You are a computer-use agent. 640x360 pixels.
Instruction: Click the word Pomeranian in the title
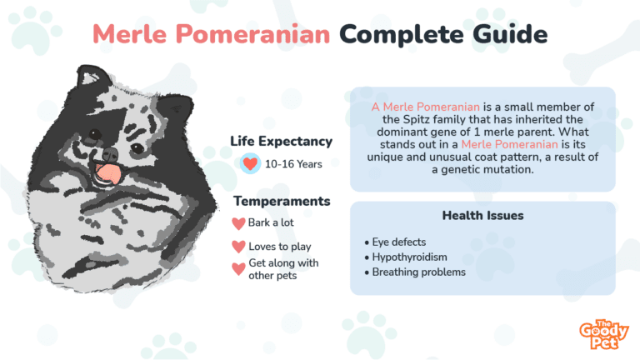pyautogui.click(x=253, y=34)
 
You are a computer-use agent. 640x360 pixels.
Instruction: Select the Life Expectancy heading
pyautogui.click(x=281, y=141)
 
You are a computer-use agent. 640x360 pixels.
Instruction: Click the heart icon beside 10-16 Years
pyautogui.click(x=250, y=163)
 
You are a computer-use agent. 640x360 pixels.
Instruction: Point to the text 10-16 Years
pyautogui.click(x=293, y=164)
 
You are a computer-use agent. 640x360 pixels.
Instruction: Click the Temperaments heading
pyautogui.click(x=282, y=201)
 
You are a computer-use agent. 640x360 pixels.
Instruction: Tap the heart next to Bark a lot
pyautogui.click(x=239, y=223)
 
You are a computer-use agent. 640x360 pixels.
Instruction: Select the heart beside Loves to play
pyautogui.click(x=239, y=247)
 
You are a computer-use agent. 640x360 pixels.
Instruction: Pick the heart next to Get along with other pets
pyautogui.click(x=239, y=269)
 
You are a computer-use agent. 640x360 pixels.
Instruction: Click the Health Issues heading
pyautogui.click(x=482, y=216)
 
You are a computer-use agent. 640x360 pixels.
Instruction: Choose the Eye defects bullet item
pyautogui.click(x=395, y=242)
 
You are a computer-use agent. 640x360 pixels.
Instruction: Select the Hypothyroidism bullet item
pyautogui.click(x=406, y=257)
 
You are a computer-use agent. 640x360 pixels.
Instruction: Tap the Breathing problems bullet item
pyautogui.click(x=415, y=272)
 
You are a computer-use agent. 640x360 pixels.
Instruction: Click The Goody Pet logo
pyautogui.click(x=603, y=334)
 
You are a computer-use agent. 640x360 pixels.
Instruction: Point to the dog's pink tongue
pyautogui.click(x=108, y=172)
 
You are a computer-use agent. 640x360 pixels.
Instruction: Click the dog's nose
pyautogui.click(x=110, y=154)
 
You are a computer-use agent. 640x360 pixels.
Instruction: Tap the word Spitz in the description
pyautogui.click(x=417, y=120)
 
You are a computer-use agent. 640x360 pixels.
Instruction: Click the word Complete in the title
pyautogui.click(x=402, y=35)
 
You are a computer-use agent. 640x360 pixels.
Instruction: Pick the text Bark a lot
pyautogui.click(x=271, y=222)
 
